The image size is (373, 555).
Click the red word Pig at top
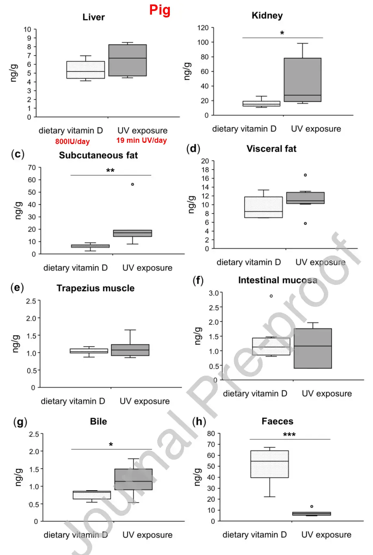point(160,10)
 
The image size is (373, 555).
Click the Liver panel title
point(93,17)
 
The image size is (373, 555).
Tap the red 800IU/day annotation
point(72,142)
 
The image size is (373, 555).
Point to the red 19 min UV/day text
point(141,140)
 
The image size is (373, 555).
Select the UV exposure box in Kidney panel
point(302,80)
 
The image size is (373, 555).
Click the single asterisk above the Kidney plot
point(282,33)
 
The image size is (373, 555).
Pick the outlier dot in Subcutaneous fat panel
point(132,184)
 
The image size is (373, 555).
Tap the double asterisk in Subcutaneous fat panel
point(110,171)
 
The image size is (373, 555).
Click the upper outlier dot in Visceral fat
point(305,175)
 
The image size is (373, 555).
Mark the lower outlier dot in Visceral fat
point(305,224)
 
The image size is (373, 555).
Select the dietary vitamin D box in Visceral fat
point(263,207)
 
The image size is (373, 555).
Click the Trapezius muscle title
point(95,288)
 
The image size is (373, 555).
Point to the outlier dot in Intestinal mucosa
point(271,296)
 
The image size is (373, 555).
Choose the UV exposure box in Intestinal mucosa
point(312,348)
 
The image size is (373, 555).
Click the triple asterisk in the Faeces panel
point(289,435)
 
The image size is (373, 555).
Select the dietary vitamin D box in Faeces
point(269,464)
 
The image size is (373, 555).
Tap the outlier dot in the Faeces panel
point(312,506)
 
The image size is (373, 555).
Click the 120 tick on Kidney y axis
point(203,28)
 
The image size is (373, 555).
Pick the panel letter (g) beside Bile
point(20,422)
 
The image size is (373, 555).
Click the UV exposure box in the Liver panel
point(128,60)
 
